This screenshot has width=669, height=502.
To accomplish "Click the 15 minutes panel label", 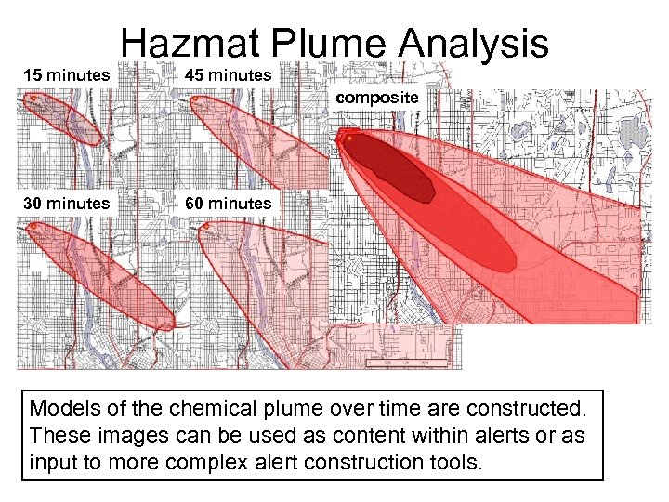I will pyautogui.click(x=66, y=74).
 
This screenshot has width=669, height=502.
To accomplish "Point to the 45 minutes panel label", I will pyautogui.click(x=228, y=74).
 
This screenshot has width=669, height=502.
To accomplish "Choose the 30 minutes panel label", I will pyautogui.click(x=66, y=203).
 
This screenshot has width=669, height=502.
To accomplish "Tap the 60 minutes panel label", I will pyautogui.click(x=228, y=203).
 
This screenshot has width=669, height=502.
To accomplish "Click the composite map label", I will pyautogui.click(x=377, y=97).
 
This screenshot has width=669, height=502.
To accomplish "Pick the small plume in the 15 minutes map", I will pyautogui.click(x=56, y=119).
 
